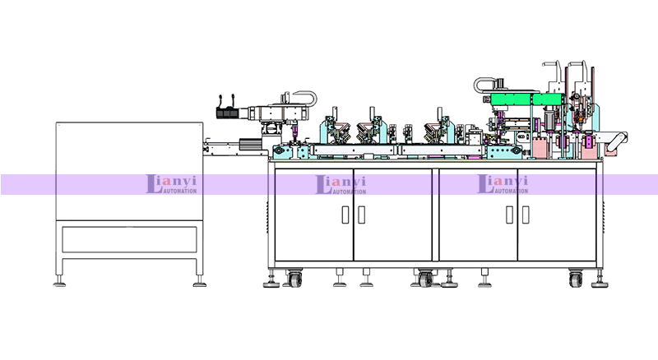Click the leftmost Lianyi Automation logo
[x=171, y=184]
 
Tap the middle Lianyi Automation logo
[x=341, y=184]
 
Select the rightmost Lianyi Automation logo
[x=503, y=184]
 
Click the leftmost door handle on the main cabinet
[x=345, y=215]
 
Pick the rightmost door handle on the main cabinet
[x=526, y=215]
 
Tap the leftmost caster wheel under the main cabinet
[x=294, y=279]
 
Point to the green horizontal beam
[x=526, y=99]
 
